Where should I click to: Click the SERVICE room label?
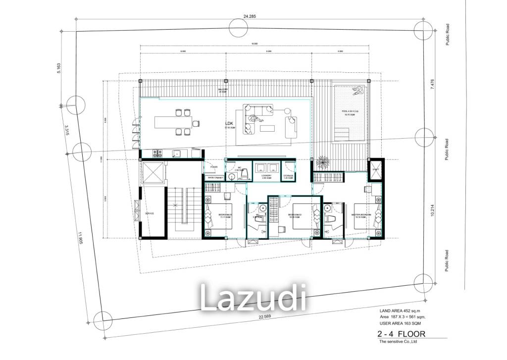tap(150, 213)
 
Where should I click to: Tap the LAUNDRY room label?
tap(267, 176)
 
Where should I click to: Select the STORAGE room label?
tap(289, 176)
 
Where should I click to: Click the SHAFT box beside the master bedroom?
tap(376, 170)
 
